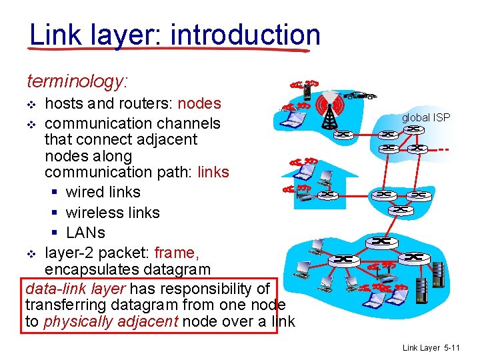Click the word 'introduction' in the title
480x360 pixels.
tap(245, 35)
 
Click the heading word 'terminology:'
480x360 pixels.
tap(77, 82)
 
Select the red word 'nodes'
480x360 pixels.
tap(199, 103)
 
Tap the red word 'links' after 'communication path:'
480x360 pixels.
tap(213, 172)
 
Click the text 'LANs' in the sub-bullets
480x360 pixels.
tap(85, 233)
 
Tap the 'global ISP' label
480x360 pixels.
tap(425, 118)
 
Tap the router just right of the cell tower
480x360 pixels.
tap(345, 134)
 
